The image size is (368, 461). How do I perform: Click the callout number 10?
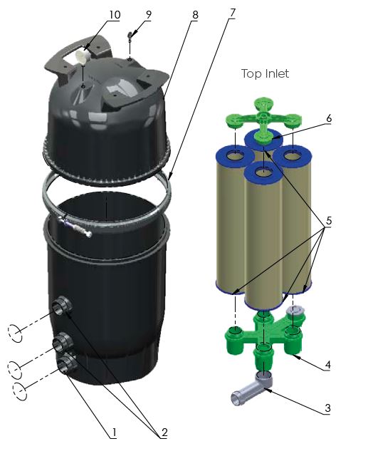coord(115,14)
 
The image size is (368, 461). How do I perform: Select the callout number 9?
coord(149,14)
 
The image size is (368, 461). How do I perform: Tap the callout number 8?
coord(195,15)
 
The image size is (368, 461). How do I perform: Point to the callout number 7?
coord(232,13)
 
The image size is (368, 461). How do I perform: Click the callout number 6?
coord(329,118)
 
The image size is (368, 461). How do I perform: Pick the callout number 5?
coord(329,220)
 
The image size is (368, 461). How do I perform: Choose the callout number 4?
coord(327,365)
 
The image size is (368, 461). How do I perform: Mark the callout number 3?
coord(327,408)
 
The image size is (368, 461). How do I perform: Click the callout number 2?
coord(164,432)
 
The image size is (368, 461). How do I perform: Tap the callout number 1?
coord(115,432)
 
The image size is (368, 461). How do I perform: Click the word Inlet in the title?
coord(277,73)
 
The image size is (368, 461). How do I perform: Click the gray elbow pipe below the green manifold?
coord(252,388)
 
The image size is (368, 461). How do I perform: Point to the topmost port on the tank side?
coord(62,306)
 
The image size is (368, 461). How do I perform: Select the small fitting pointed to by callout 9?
coord(130,36)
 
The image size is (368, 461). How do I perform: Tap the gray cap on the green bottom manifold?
coord(294,311)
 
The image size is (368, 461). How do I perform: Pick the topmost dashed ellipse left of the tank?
coord(15,333)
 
